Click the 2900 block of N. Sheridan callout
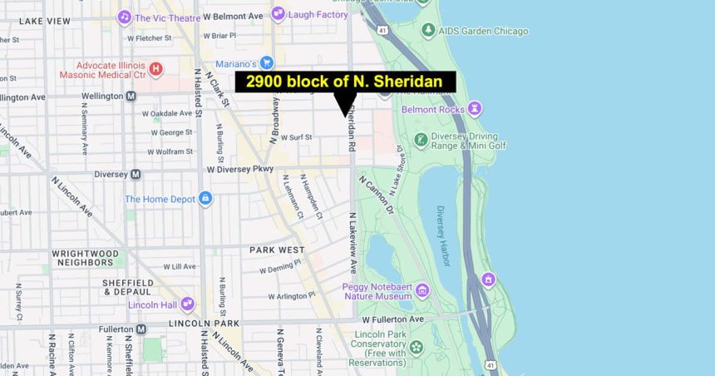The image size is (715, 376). coord(345,82)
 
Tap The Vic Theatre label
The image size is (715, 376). coord(170,17)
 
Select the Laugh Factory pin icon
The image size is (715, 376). coord(279,13)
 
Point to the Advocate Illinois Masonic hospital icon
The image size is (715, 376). coord(155,69)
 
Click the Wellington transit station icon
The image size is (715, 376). coord(131,96)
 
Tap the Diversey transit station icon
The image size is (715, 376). coord(136,174)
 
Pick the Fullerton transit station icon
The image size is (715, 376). coord(141,329)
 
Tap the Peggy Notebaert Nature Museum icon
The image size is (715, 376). coord(422,290)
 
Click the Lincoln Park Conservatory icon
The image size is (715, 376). coord(416,347)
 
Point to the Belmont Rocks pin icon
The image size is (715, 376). coord(474,108)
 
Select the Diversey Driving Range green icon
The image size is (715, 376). coord(421,140)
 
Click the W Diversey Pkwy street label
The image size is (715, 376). coord(240,169)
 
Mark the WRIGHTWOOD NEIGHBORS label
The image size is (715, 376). coord(83,257)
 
